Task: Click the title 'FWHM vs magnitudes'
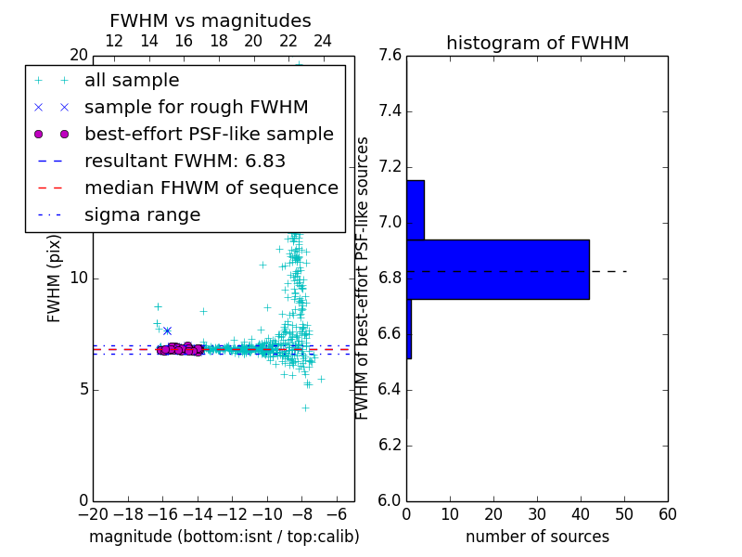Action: pos(210,21)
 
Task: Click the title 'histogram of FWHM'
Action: pos(537,44)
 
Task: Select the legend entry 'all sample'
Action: pos(132,81)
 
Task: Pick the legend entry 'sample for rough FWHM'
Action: pos(196,108)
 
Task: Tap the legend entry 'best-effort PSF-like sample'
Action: pos(209,135)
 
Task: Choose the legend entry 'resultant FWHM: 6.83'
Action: pos(185,162)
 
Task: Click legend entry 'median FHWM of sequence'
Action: pos(211,188)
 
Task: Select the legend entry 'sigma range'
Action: pos(142,215)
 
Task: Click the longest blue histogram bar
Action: pos(497,269)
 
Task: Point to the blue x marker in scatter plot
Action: pos(167,330)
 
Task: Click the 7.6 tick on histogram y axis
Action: pos(390,56)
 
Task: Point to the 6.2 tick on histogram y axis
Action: pos(390,445)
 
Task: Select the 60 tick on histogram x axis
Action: pos(667,514)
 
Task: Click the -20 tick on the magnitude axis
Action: pos(93,514)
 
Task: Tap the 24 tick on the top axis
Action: pos(323,42)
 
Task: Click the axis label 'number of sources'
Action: pos(537,537)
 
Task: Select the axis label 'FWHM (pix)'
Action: pos(55,278)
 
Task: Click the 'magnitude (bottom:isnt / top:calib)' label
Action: pos(224,537)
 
